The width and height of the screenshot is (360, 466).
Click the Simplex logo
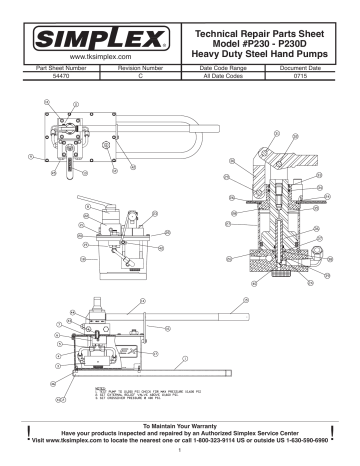91,41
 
